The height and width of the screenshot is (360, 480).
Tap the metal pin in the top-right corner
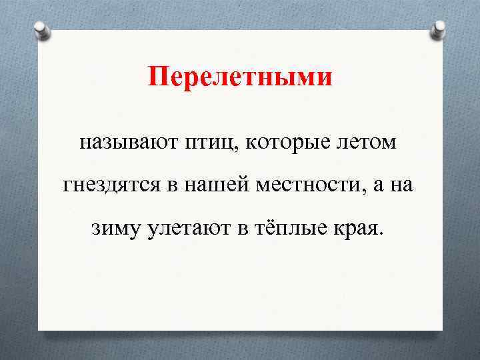[439, 28]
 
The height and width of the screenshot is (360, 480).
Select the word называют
[126, 143]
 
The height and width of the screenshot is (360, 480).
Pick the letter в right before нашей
[172, 186]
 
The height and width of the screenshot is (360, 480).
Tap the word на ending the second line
[403, 186]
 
